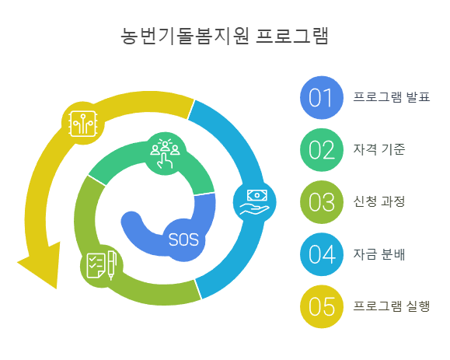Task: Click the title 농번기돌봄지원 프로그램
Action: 225,37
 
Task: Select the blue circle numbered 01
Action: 321,98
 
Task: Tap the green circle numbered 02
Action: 321,149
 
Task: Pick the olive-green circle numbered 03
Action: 321,201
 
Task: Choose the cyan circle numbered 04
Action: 321,253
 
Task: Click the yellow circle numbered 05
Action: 321,305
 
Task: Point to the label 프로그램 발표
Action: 391,98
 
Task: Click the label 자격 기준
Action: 378,149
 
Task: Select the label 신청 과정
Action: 378,201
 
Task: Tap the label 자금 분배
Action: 378,253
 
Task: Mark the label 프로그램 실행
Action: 391,305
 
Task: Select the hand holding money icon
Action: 254,202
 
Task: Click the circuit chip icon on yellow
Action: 83,122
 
